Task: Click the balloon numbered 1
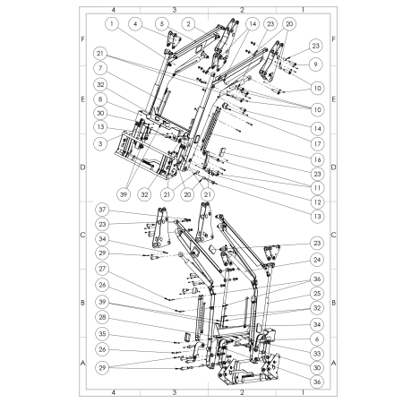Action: tap(112, 22)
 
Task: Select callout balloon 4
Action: tap(135, 22)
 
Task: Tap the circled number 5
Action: tap(161, 22)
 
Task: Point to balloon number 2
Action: tap(189, 22)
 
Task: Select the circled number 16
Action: tap(316, 159)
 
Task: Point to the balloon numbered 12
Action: tap(316, 201)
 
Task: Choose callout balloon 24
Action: tap(316, 260)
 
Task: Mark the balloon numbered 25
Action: tap(316, 292)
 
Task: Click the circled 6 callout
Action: tap(316, 339)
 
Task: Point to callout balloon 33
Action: tap(316, 353)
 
